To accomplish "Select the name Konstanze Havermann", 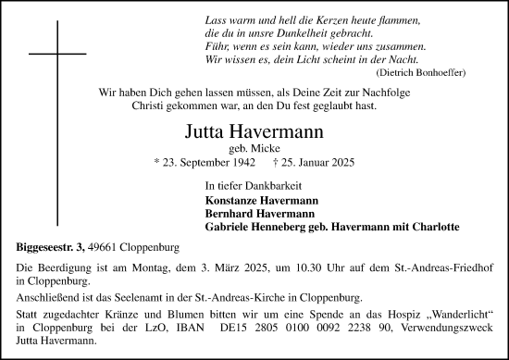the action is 261,200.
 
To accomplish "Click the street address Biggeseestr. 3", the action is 52,246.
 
